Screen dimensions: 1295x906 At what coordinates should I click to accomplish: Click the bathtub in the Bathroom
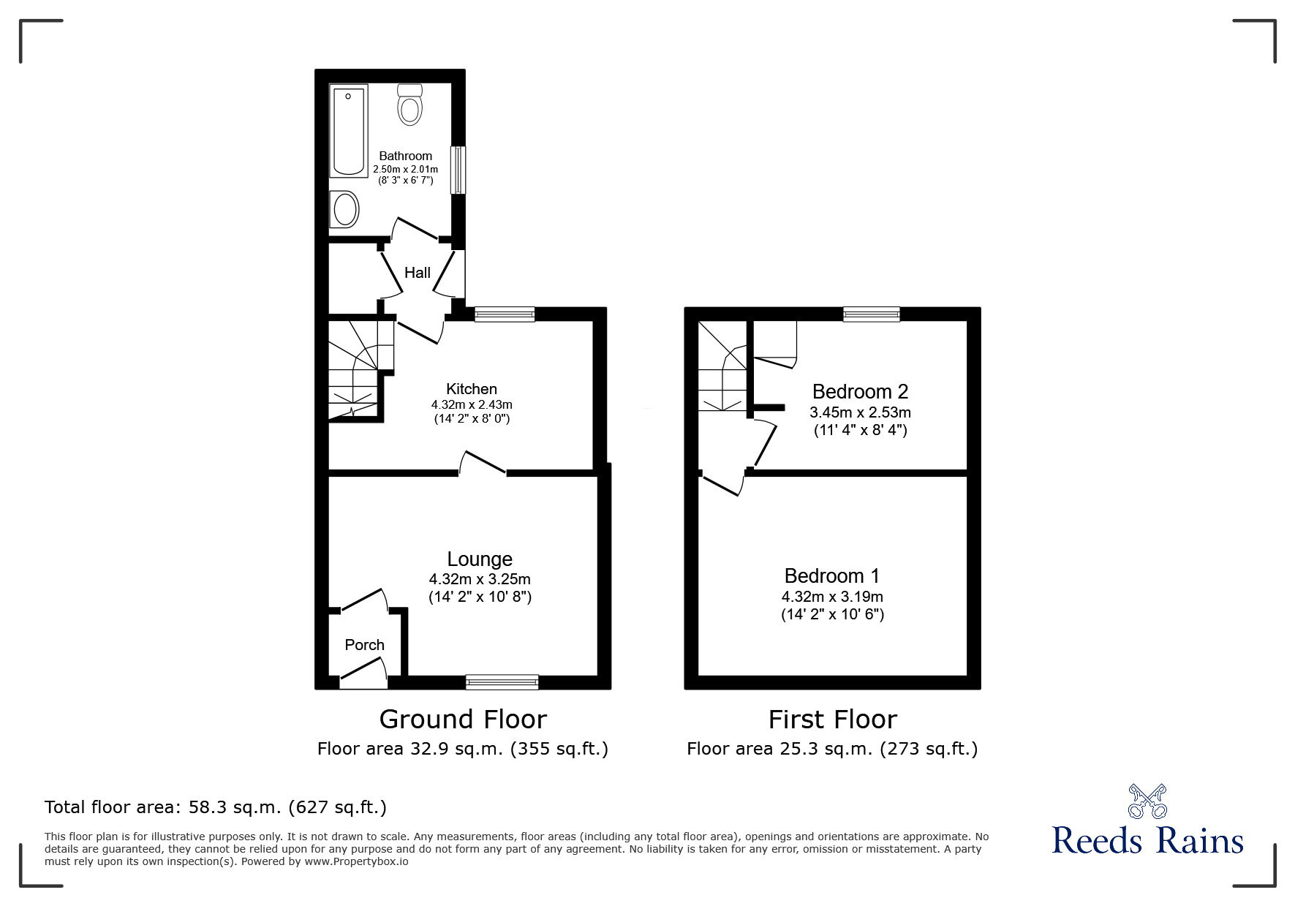tap(349, 131)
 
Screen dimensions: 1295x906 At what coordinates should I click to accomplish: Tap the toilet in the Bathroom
tap(410, 104)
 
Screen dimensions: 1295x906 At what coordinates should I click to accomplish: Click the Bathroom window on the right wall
tap(458, 170)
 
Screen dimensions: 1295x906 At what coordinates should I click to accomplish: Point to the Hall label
tap(418, 273)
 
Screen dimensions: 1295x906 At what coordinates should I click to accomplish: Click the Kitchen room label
tap(472, 389)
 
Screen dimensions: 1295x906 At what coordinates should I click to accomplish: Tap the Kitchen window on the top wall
tap(505, 314)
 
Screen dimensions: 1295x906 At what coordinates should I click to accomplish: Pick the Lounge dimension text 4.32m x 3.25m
tap(480, 579)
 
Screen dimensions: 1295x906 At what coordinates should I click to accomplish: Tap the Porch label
tap(364, 645)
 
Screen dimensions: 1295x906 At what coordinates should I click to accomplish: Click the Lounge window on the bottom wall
tap(502, 682)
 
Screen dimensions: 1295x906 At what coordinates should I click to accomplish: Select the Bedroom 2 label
tap(860, 392)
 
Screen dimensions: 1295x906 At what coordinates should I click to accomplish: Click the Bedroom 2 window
tap(871, 314)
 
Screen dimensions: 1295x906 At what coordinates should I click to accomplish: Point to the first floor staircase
tap(722, 366)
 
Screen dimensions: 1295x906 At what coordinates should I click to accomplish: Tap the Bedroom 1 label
tap(832, 576)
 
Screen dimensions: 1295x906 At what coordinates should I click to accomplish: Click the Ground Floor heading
tap(463, 720)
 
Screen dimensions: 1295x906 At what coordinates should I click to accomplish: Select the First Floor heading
tap(832, 720)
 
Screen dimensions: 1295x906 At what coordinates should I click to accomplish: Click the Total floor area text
tap(216, 807)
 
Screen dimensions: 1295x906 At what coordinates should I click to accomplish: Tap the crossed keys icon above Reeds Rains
tap(1148, 801)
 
